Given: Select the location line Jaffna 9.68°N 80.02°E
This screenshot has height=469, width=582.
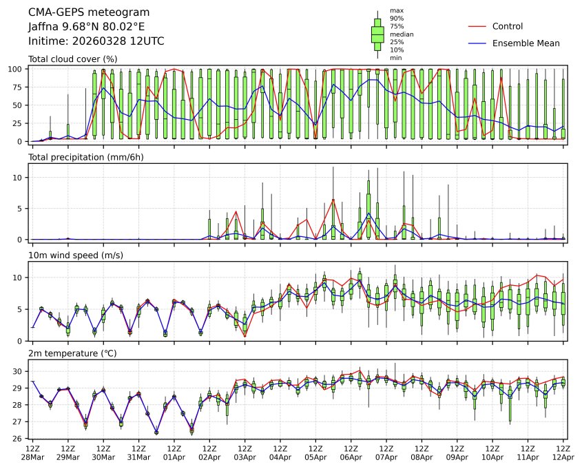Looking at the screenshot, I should point(87,27).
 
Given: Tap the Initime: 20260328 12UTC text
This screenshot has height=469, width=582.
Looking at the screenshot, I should point(96,41).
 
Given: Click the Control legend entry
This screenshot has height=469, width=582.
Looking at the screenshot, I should point(508,27).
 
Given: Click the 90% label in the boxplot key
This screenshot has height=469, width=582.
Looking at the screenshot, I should point(397,18).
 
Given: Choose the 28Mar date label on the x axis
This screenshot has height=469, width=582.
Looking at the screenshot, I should point(32,457).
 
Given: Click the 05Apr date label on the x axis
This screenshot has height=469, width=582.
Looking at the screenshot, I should point(315,457).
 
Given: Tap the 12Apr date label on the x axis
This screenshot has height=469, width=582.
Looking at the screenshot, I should point(563,457).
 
